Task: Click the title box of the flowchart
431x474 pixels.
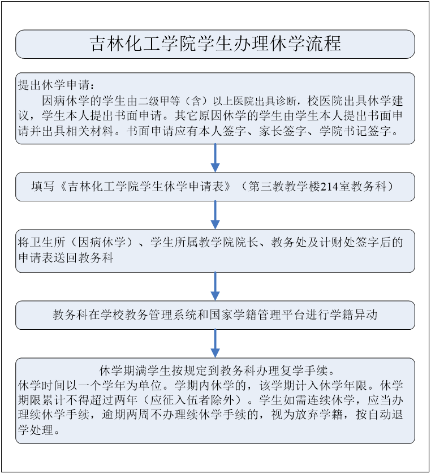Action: click(215, 44)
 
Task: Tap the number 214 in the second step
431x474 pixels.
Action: click(329, 187)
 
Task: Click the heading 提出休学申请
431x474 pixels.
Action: click(54, 85)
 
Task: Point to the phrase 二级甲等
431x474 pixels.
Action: click(160, 101)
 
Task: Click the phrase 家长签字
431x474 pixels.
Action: click(283, 131)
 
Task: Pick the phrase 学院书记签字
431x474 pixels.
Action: click(355, 131)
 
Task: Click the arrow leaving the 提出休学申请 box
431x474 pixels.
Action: click(215, 158)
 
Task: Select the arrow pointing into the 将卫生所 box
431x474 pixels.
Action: click(215, 215)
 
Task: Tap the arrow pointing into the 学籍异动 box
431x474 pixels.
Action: click(215, 286)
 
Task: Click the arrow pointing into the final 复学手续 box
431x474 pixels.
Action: click(215, 343)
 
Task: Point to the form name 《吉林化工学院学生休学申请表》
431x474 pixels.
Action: click(146, 187)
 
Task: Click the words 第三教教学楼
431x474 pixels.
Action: click(284, 187)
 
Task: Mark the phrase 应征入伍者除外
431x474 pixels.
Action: click(192, 400)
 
